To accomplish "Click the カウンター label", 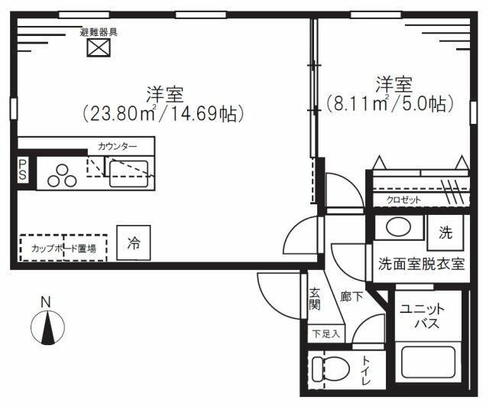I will click(x=118, y=145).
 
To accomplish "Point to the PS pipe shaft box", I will click(x=24, y=170).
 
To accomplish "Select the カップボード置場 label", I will click(x=63, y=248).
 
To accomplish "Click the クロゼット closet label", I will click(x=403, y=200).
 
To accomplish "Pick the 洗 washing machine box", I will click(x=445, y=232).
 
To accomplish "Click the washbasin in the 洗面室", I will click(x=397, y=226).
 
